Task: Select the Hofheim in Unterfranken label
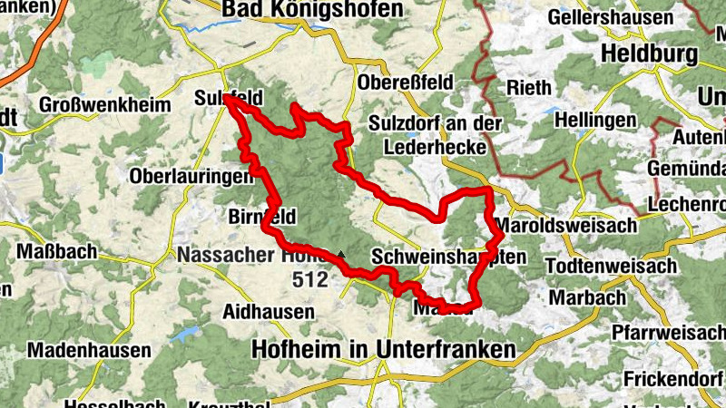(x=383, y=349)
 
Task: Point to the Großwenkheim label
(x=105, y=105)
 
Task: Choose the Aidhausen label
(x=269, y=311)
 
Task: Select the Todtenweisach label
(x=613, y=266)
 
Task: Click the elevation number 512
(x=309, y=280)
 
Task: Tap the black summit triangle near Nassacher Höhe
(x=341, y=255)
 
